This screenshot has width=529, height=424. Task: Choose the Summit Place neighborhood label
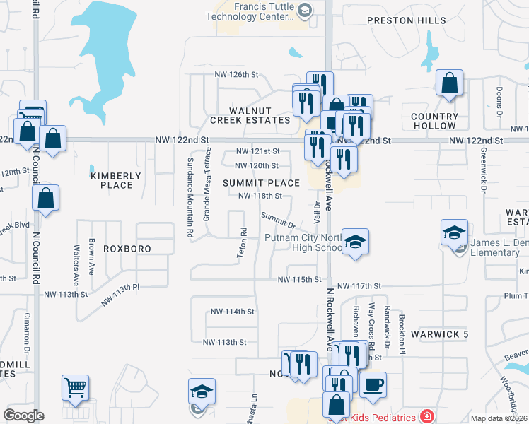coord(261,183)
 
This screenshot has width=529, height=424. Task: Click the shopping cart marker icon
coord(75,387)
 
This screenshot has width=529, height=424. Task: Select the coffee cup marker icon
coord(373,384)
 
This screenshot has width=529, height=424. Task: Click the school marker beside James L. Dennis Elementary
coord(453,232)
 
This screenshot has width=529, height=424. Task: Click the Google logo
coord(23,416)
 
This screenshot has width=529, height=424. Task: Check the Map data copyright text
coord(498,418)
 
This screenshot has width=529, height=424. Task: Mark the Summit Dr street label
coord(277,220)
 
